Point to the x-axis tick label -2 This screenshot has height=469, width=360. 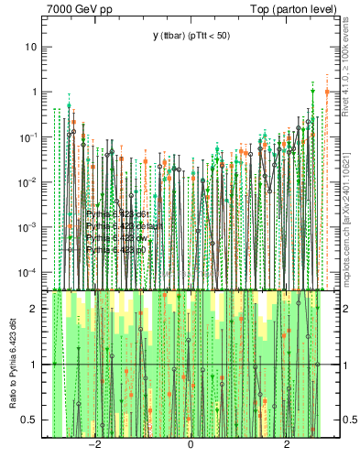[93, 445]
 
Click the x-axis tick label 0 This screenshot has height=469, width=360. [190, 445]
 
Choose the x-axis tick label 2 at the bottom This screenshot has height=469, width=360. [287, 445]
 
